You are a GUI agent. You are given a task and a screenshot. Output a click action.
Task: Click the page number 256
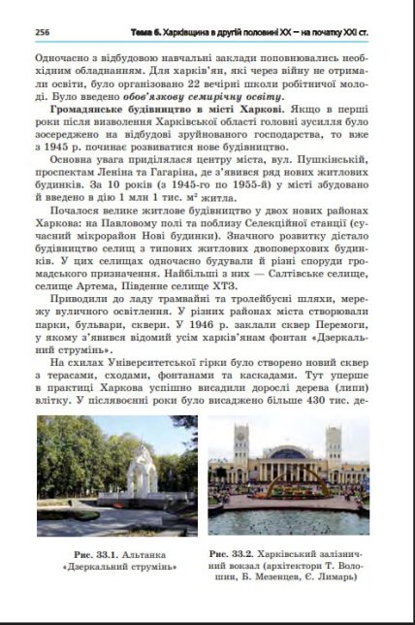point(42,31)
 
